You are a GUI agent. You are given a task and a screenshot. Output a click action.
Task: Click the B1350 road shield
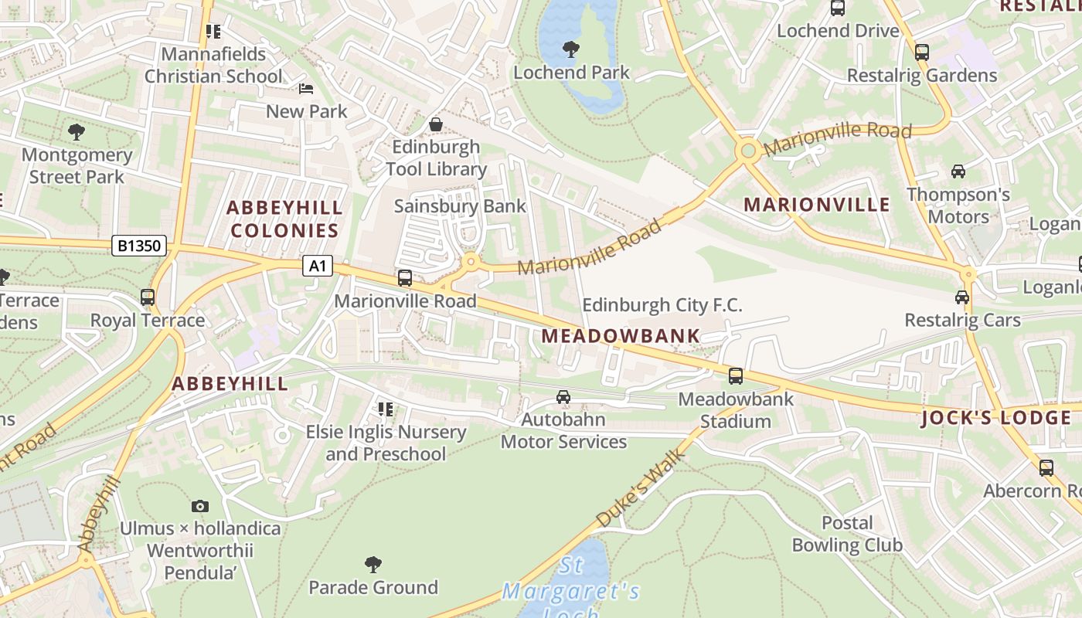pos(140,246)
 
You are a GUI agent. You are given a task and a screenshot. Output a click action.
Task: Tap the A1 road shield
pos(317,267)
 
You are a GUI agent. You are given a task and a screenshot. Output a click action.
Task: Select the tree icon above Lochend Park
pos(571,49)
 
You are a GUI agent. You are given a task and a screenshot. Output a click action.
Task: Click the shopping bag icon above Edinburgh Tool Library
pos(436,124)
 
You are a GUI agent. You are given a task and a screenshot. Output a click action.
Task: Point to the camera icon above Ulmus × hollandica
pos(200,506)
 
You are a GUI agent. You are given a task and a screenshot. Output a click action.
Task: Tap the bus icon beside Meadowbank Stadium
pos(736,376)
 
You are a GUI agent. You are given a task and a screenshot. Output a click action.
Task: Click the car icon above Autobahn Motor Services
pos(563,397)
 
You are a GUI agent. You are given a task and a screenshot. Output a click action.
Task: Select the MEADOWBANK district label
pos(621,336)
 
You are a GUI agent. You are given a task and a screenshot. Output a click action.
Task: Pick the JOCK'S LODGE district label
pos(996,418)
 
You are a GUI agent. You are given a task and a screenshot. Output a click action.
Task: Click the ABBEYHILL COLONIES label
pos(284,219)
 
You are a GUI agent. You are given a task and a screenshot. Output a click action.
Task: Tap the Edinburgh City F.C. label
pos(662,305)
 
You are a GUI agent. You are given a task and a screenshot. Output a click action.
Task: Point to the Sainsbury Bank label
pos(460,206)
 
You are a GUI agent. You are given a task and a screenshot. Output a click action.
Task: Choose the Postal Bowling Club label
pos(847,534)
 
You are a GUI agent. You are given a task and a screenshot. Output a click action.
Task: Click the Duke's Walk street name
pos(641,490)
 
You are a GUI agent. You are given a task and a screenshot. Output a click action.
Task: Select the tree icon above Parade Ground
pos(373,565)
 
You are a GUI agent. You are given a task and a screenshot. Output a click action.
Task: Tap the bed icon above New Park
pos(306,89)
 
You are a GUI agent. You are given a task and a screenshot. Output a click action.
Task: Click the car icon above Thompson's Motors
pos(958,171)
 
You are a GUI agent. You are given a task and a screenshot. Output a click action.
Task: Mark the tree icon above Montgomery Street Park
pos(76,132)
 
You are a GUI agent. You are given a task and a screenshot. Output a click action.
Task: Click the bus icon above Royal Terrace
pos(148,297)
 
